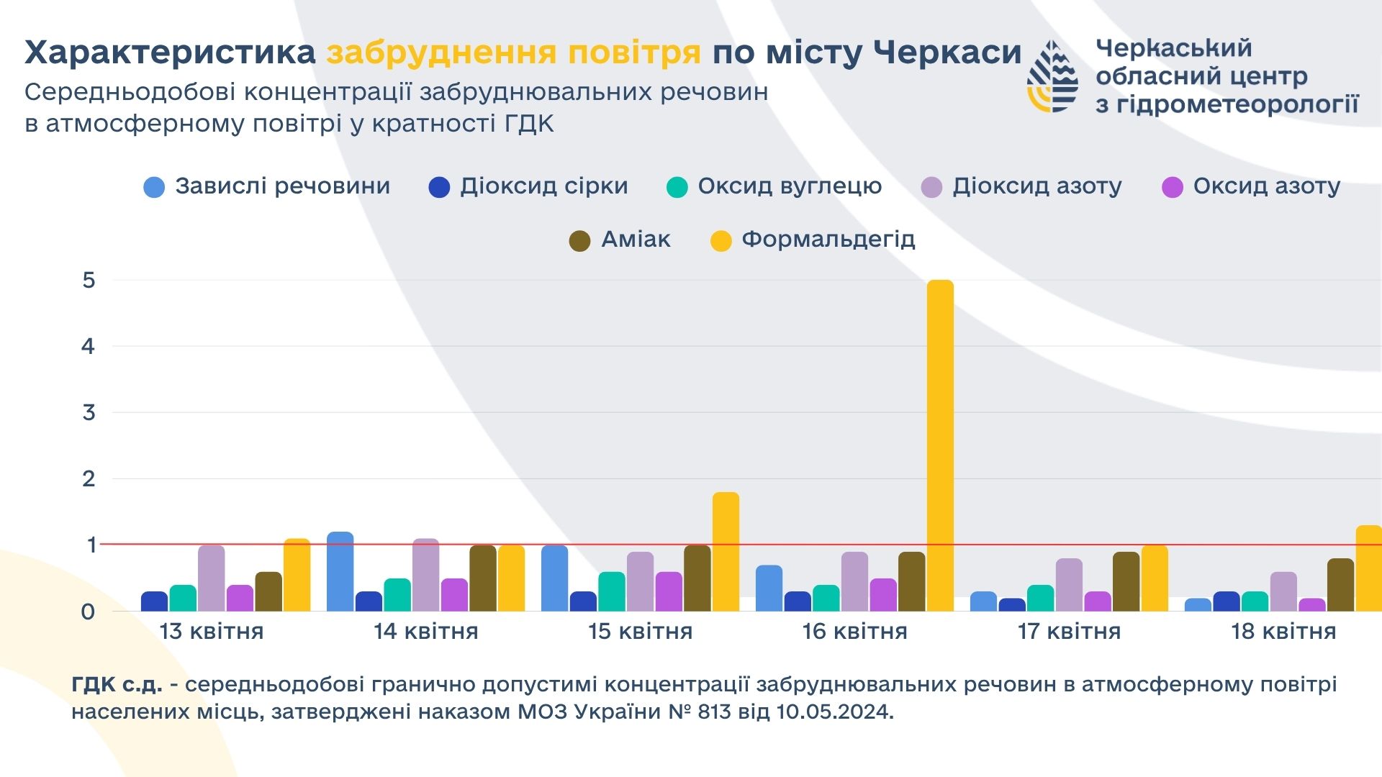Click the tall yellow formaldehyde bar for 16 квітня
(x=940, y=446)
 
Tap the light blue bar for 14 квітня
(x=340, y=572)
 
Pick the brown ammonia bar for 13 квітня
(x=268, y=592)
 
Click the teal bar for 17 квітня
(x=1040, y=599)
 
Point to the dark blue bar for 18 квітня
(x=1226, y=601)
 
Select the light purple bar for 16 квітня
(x=854, y=582)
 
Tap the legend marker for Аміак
(x=579, y=241)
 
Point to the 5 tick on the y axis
(x=89, y=281)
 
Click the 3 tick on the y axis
(x=89, y=413)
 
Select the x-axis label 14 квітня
(x=425, y=632)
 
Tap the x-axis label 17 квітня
(x=1069, y=632)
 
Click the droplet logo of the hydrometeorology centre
(x=1052, y=76)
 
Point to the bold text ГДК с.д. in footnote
(x=117, y=684)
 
